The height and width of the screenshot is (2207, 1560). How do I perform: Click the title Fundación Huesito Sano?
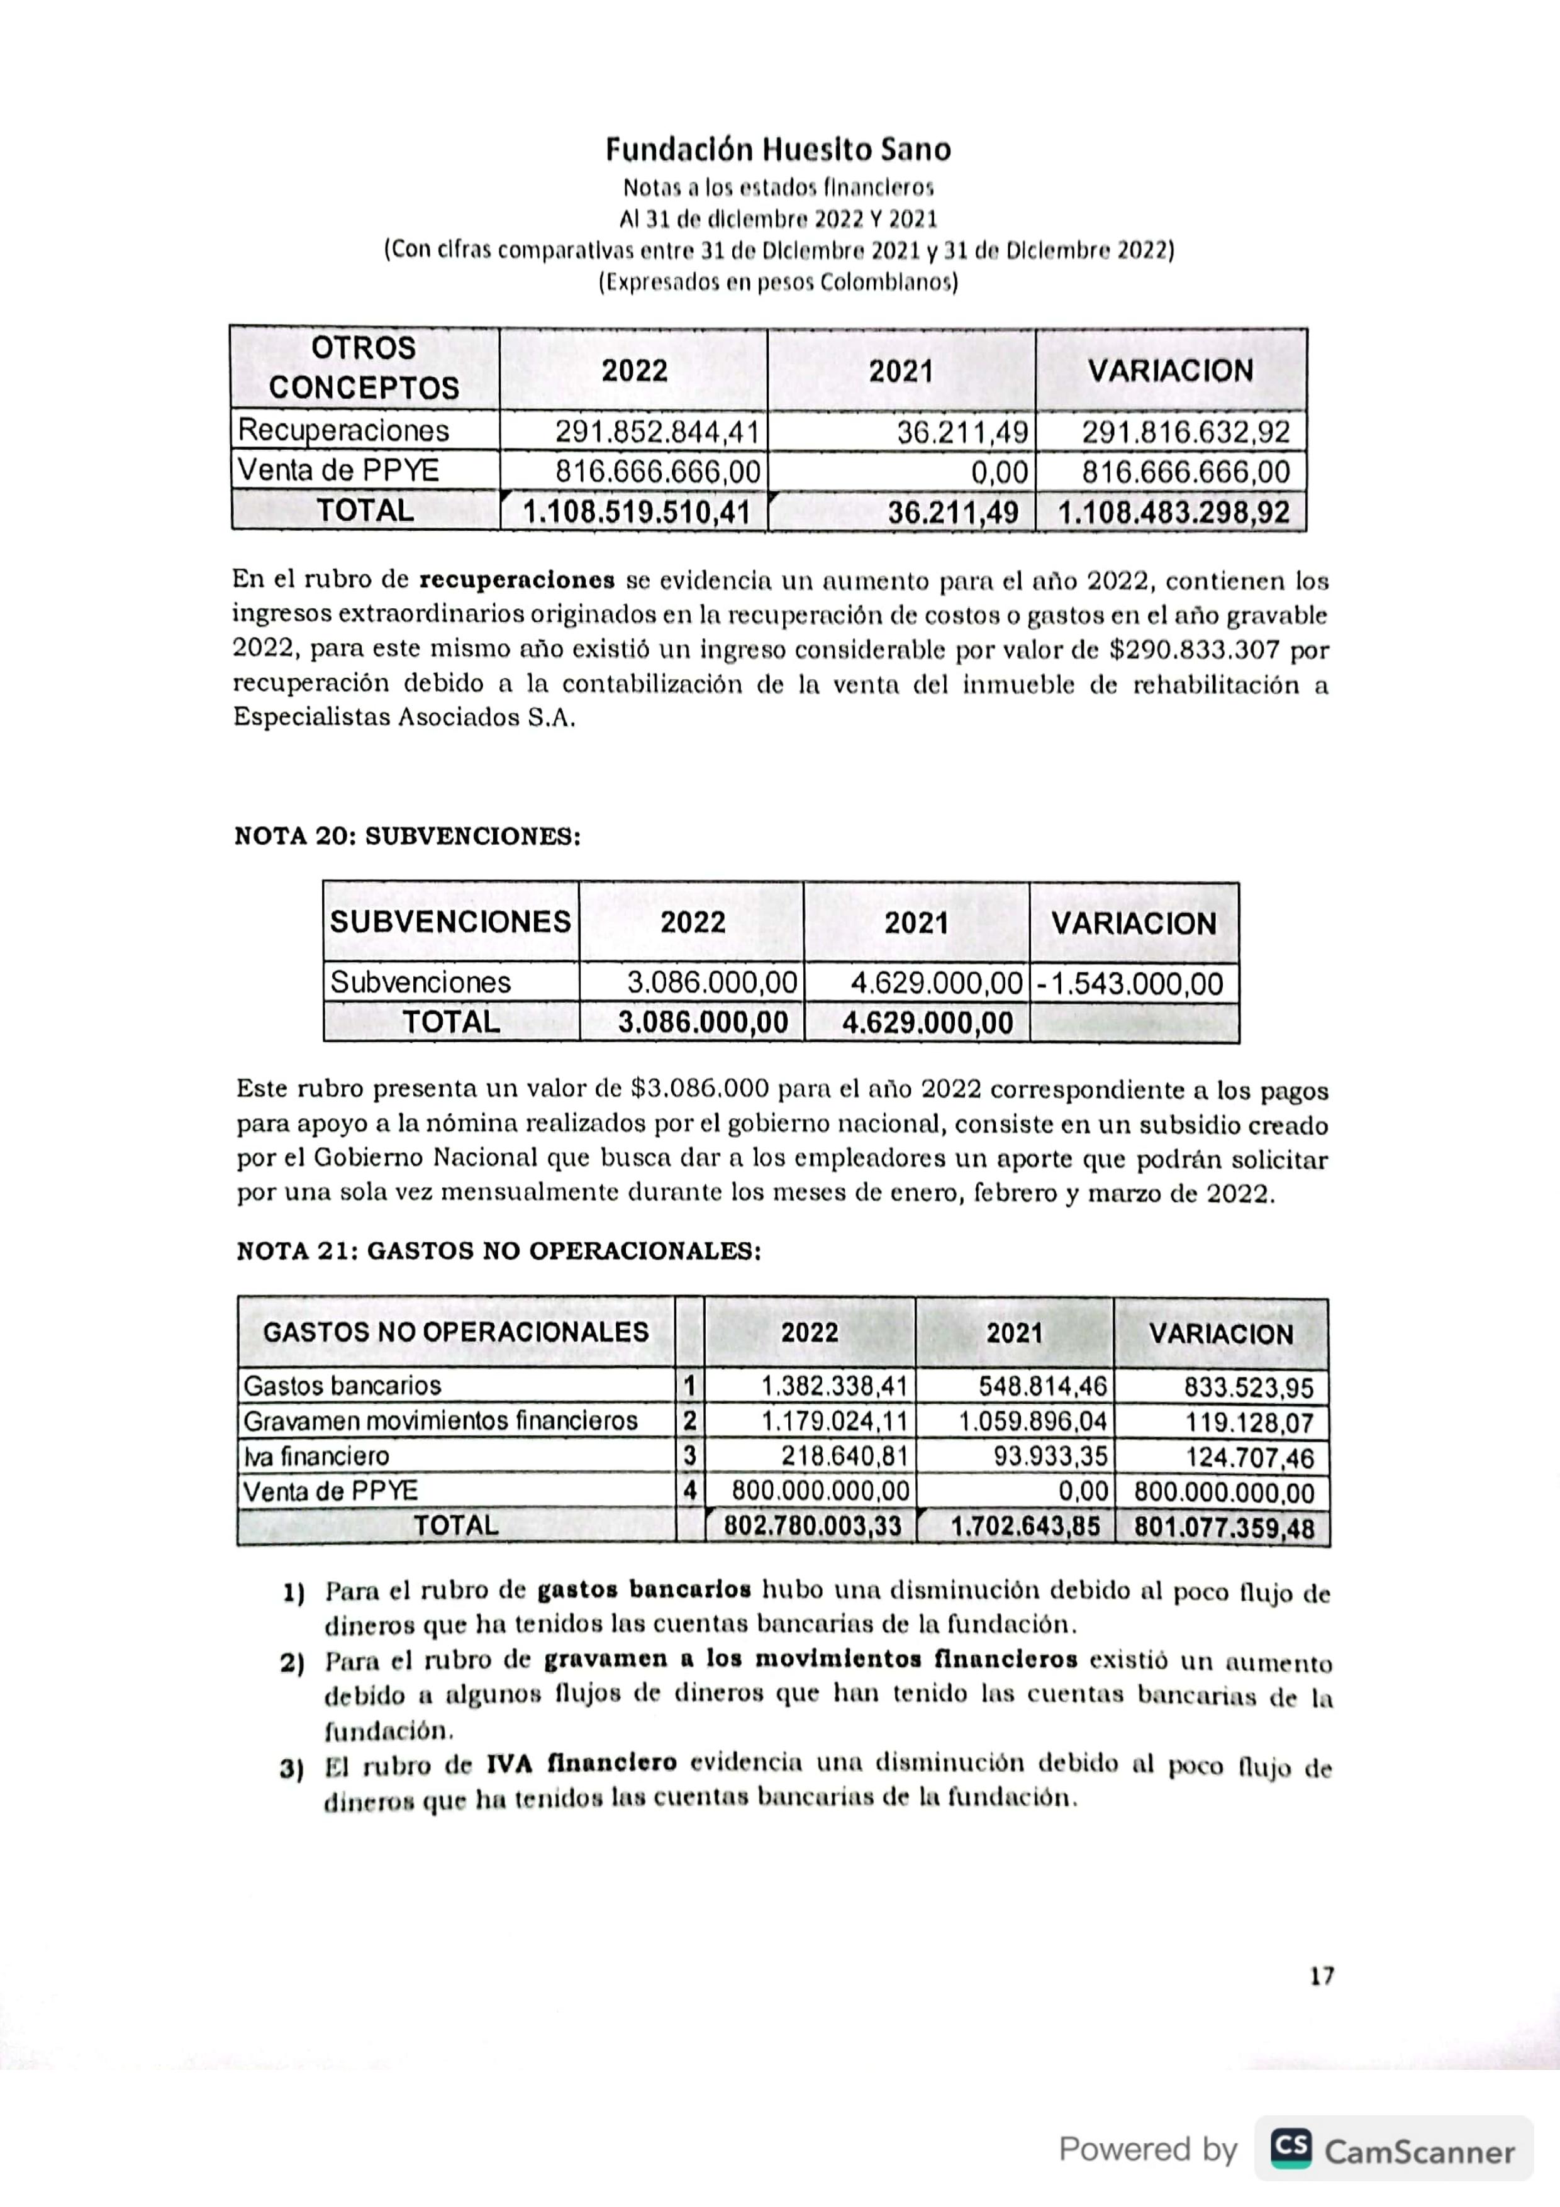(x=779, y=150)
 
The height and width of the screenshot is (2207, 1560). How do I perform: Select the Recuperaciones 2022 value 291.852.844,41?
(x=657, y=431)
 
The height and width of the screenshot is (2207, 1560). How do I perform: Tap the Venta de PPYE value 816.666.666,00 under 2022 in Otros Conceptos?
(x=657, y=472)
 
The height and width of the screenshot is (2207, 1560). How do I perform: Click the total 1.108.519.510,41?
(x=637, y=511)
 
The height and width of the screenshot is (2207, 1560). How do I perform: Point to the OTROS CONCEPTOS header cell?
(x=364, y=368)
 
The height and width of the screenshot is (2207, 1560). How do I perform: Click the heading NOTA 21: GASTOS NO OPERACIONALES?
(x=499, y=1252)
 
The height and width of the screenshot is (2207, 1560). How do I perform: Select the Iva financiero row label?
(x=316, y=1456)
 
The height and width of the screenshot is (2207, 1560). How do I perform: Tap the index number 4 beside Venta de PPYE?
(x=689, y=1491)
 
